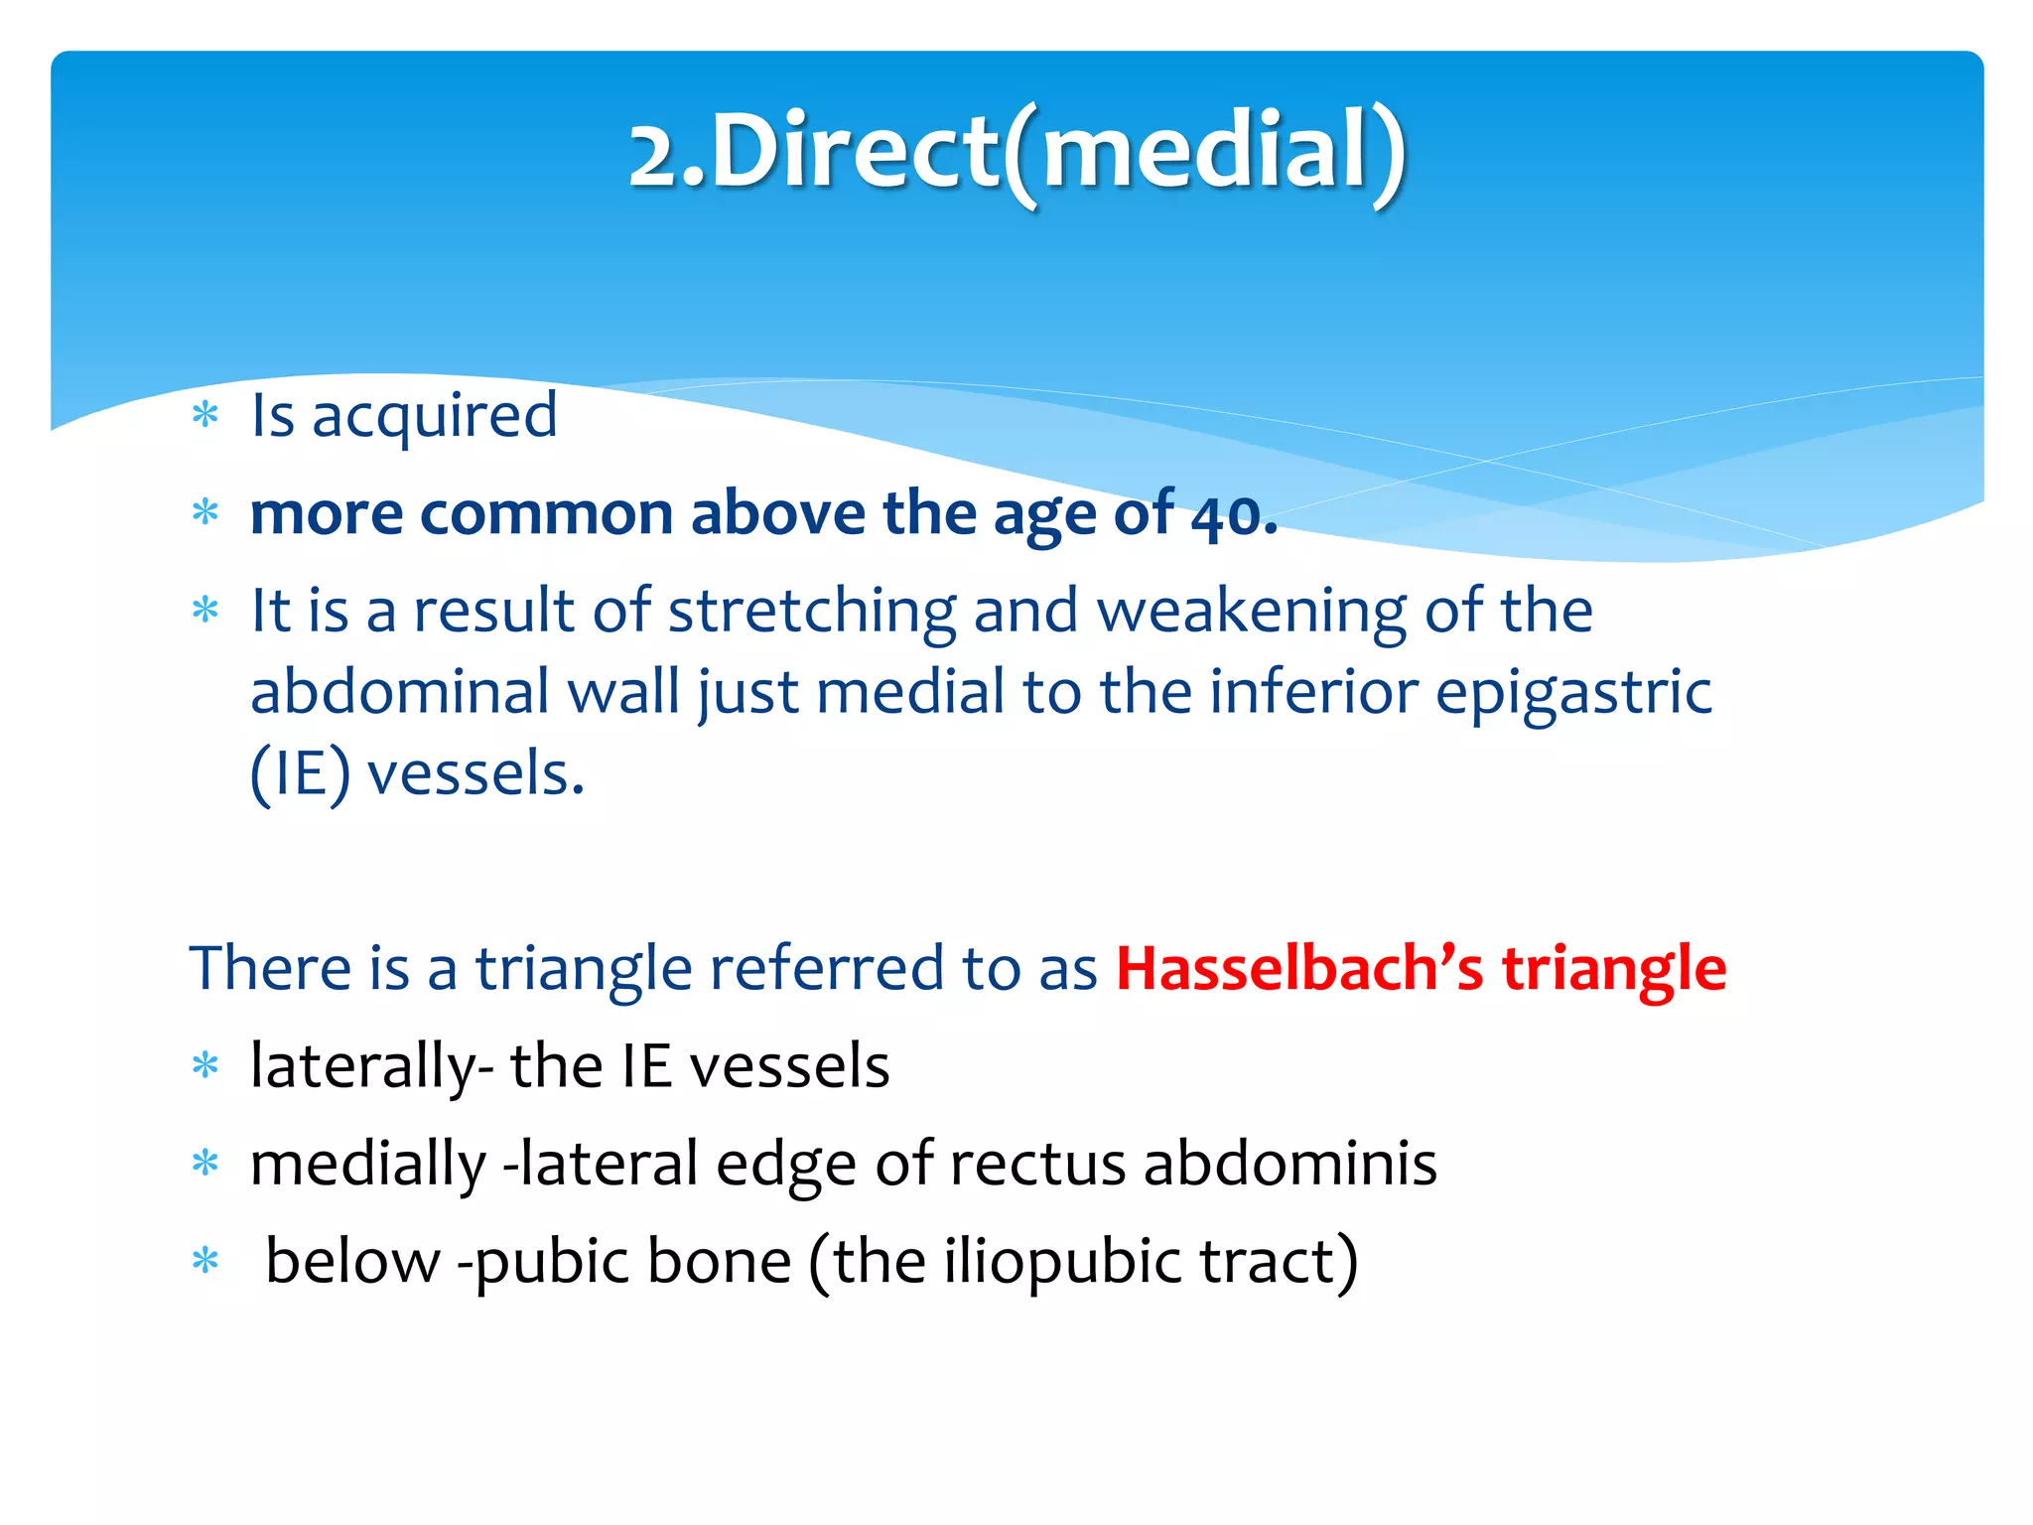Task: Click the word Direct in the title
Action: point(854,151)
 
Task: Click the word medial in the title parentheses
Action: point(1205,151)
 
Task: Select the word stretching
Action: point(811,612)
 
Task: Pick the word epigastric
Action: point(1573,693)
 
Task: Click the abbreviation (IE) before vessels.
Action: point(300,774)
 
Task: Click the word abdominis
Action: point(1289,1164)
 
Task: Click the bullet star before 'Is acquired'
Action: point(205,415)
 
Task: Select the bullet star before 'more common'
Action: point(205,513)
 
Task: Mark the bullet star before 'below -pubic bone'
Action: point(205,1261)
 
